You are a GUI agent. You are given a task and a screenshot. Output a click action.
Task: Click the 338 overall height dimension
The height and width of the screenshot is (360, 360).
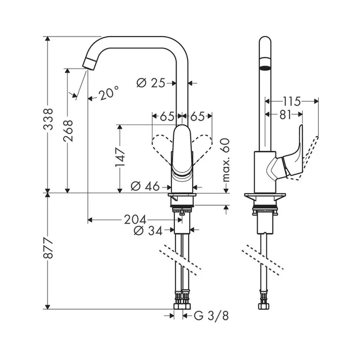[48, 119]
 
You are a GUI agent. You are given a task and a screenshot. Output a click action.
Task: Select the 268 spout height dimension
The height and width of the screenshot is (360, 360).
[68, 130]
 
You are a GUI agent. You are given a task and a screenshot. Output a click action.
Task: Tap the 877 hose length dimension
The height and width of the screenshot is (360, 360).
[48, 249]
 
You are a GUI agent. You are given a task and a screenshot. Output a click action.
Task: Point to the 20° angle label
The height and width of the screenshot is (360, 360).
[109, 93]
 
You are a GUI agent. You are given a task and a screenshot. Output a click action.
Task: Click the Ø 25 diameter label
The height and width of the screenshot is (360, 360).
[151, 83]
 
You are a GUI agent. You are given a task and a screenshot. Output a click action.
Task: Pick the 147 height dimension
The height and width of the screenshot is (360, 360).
[120, 158]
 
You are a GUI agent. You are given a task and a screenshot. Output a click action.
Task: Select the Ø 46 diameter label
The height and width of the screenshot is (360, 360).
[145, 186]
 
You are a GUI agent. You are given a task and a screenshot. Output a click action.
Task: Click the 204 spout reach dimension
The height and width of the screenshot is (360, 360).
[135, 220]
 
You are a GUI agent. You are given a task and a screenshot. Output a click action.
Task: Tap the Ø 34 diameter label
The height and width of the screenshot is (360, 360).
[148, 230]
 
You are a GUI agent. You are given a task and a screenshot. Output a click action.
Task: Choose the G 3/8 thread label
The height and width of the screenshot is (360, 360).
[211, 316]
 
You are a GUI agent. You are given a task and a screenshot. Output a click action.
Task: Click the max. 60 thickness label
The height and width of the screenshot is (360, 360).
[226, 160]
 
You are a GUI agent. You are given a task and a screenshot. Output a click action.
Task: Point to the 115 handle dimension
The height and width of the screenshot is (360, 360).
[291, 101]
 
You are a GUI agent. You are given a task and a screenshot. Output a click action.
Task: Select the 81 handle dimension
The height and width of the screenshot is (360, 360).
[285, 115]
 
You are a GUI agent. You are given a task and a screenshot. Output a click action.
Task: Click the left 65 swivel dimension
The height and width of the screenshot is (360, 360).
[167, 117]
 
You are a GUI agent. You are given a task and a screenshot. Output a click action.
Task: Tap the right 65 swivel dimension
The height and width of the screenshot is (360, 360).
[198, 117]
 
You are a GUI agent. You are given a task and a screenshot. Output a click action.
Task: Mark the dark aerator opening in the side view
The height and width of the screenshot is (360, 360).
[265, 68]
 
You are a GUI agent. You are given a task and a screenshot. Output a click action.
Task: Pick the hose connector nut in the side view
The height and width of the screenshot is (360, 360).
[264, 306]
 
